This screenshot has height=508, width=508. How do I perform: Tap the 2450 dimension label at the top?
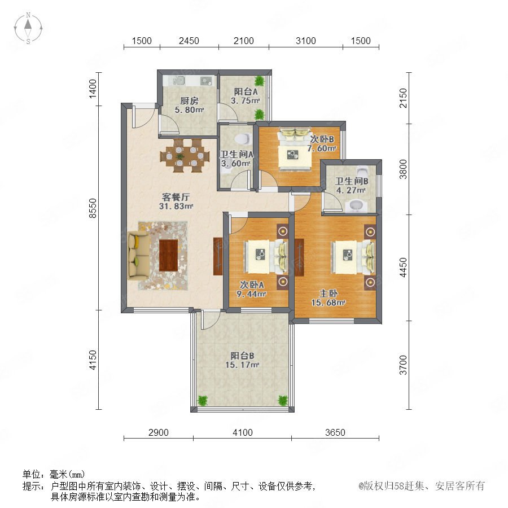(x=189, y=41)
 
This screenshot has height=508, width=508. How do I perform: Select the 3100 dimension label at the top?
(x=306, y=41)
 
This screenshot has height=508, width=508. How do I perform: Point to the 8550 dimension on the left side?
(x=93, y=208)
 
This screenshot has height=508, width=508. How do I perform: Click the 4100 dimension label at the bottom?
(x=242, y=432)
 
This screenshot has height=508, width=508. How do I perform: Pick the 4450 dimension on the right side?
(x=402, y=268)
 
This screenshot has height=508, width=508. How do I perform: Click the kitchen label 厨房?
(x=189, y=101)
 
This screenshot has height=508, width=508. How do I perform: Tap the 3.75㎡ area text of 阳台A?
(x=246, y=101)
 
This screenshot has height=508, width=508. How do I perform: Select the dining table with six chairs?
(x=182, y=156)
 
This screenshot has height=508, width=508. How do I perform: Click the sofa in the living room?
(x=138, y=255)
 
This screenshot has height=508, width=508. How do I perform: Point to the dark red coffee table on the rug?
(x=168, y=255)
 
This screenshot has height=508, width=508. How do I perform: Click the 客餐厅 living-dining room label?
(x=176, y=198)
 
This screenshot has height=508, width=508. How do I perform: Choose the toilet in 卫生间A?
(x=243, y=139)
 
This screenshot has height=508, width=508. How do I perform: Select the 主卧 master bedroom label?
(x=329, y=294)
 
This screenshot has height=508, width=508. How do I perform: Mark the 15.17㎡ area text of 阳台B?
(x=242, y=365)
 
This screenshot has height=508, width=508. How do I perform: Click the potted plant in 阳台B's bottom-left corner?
(x=203, y=400)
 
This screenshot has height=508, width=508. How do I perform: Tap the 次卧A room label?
(x=252, y=285)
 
